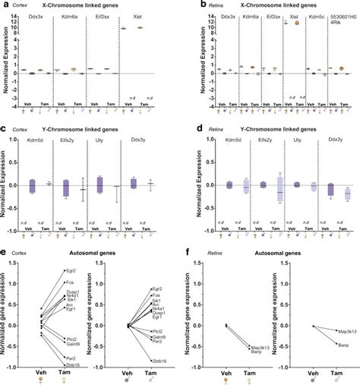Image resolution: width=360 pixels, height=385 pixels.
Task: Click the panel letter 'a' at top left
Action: tap(5, 6)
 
